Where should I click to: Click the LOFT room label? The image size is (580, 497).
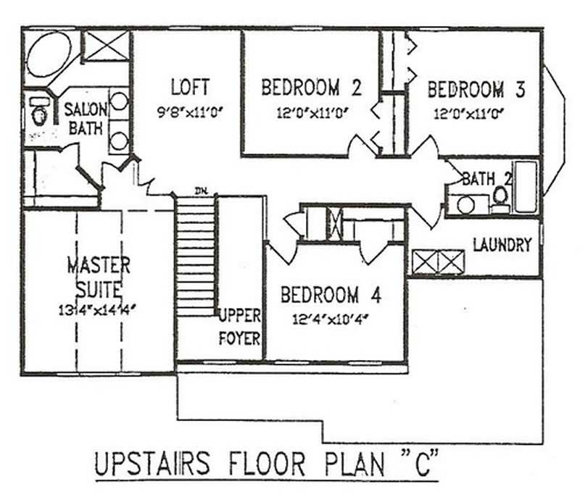click(190, 87)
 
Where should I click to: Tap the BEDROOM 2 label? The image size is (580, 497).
click(310, 88)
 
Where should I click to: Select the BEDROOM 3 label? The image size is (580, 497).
click(476, 90)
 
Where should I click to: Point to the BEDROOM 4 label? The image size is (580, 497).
click(330, 296)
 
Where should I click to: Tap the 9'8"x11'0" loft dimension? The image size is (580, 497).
click(190, 112)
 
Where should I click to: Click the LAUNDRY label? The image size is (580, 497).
click(502, 246)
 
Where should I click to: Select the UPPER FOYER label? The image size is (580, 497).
click(240, 327)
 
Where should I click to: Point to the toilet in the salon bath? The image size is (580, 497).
click(38, 112)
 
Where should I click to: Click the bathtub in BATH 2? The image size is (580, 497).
click(526, 187)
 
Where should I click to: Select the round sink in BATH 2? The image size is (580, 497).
click(466, 205)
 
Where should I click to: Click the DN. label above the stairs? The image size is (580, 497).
click(202, 191)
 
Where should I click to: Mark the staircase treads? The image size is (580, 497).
click(196, 254)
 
